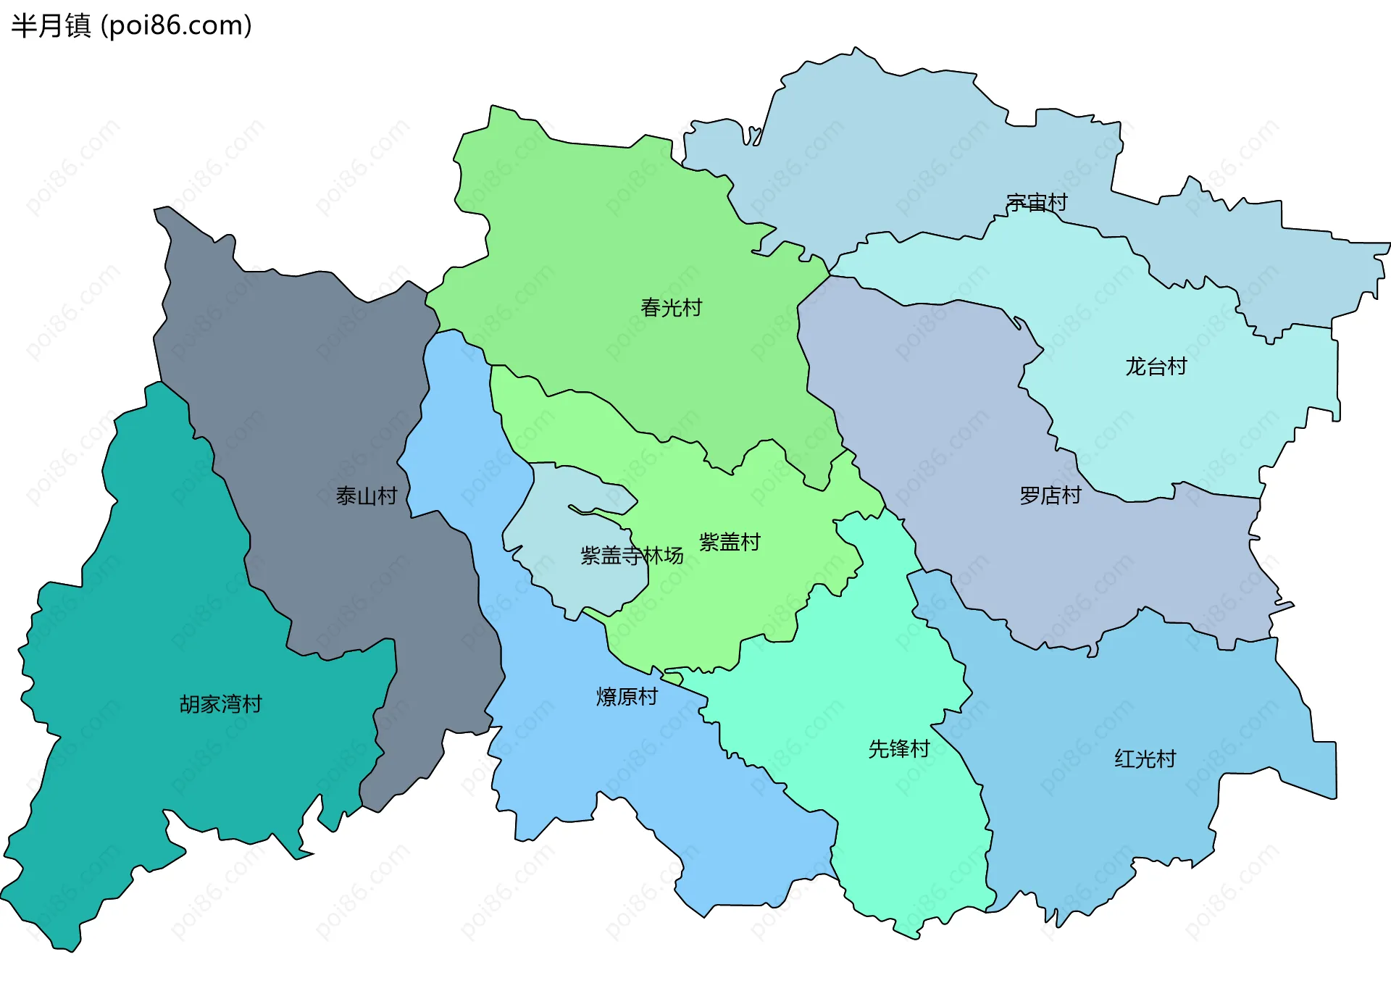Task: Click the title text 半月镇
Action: [x=51, y=25]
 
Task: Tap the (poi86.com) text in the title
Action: [x=176, y=25]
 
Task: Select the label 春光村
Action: [x=671, y=308]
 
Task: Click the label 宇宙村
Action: [x=1037, y=203]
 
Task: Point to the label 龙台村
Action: [x=1156, y=367]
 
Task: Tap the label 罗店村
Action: [x=1050, y=496]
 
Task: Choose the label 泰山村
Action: [x=367, y=496]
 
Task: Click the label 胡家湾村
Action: [x=220, y=704]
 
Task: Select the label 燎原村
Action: [x=627, y=697]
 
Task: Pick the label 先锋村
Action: [x=898, y=749]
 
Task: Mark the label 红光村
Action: [x=1145, y=759]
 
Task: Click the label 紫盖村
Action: [x=730, y=542]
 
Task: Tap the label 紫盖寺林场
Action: [x=632, y=556]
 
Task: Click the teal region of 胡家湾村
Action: [x=145, y=768]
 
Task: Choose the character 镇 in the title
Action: [x=78, y=25]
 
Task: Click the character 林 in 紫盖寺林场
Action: [x=653, y=556]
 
